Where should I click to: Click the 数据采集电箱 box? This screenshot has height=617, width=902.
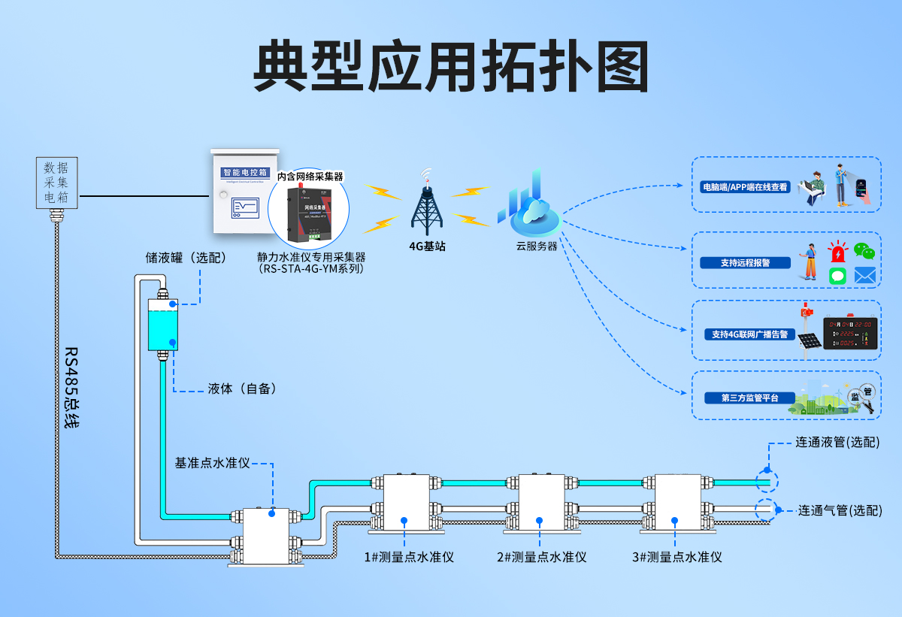click(x=56, y=183)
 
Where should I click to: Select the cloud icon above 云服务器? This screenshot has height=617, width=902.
click(x=535, y=210)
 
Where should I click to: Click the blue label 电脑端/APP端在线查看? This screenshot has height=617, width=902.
click(x=745, y=186)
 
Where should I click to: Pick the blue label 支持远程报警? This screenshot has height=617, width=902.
click(x=745, y=263)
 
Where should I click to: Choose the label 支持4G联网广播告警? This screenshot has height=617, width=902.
click(x=749, y=334)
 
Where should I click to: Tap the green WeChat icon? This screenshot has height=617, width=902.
click(x=864, y=252)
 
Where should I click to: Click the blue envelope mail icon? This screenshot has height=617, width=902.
click(x=864, y=276)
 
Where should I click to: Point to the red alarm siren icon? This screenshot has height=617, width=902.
click(x=837, y=252)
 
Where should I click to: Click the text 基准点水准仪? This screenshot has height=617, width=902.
click(x=212, y=463)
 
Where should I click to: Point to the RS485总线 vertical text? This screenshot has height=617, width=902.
click(x=71, y=387)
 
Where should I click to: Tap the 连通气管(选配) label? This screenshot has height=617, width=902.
click(x=838, y=510)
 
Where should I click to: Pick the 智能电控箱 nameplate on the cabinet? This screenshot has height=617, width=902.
click(x=244, y=173)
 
